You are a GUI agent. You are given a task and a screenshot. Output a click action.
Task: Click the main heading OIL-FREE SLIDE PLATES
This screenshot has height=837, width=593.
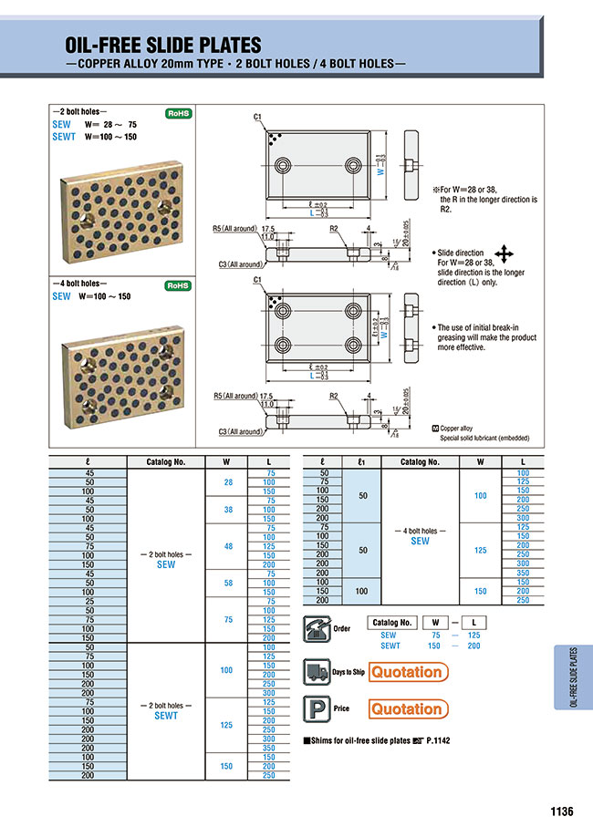point(162,45)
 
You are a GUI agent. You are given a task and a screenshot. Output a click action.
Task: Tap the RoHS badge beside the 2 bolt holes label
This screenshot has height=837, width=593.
point(176,114)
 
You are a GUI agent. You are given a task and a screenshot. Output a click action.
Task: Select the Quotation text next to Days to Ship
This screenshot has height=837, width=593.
point(406,672)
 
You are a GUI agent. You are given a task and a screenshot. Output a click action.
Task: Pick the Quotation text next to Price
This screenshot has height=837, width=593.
point(406,708)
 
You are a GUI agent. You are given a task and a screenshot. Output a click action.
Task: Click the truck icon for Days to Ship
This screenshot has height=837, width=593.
point(315,672)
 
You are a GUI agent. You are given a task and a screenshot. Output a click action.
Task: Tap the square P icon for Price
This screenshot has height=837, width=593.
point(315,708)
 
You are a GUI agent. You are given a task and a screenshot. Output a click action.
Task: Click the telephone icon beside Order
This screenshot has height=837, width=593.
point(315,627)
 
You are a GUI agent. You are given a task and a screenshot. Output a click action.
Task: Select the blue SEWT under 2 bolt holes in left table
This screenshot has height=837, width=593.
point(166,716)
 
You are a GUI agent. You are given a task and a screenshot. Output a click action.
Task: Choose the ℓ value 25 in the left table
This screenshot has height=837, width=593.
point(88,601)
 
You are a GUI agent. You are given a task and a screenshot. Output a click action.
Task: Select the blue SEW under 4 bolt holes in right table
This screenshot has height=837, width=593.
point(420,541)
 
